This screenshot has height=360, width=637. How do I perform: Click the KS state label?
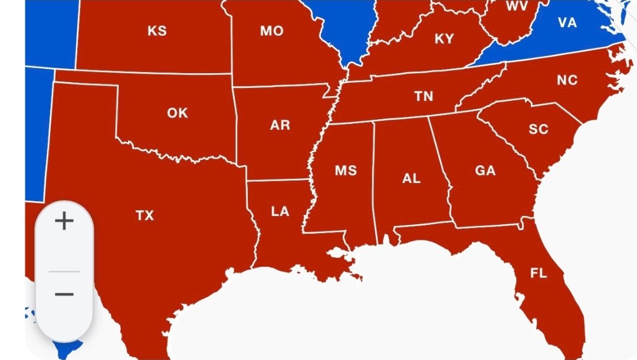click(x=157, y=31)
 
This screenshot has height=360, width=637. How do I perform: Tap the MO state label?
click(x=272, y=31)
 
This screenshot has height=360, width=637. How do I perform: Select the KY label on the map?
click(x=444, y=39)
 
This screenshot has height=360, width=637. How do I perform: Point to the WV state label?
click(x=517, y=7)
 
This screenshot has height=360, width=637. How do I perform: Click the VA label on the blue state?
click(x=567, y=22)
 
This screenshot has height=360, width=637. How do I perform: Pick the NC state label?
click(x=567, y=80)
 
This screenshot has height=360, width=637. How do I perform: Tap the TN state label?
click(x=423, y=96)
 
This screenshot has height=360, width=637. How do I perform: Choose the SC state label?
click(x=538, y=129)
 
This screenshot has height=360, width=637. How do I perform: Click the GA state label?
click(x=485, y=171)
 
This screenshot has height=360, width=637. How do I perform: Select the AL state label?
click(x=411, y=178)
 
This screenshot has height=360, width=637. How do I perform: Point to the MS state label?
click(x=346, y=171)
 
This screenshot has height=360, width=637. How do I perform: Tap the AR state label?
click(x=280, y=125)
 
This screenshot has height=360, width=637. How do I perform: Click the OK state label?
click(x=177, y=113)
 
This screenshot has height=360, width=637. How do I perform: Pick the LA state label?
click(x=280, y=211)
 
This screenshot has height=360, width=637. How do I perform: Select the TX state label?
click(x=145, y=215)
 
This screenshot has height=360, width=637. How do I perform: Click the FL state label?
click(x=538, y=273)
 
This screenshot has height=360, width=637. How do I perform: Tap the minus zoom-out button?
click(x=64, y=294)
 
